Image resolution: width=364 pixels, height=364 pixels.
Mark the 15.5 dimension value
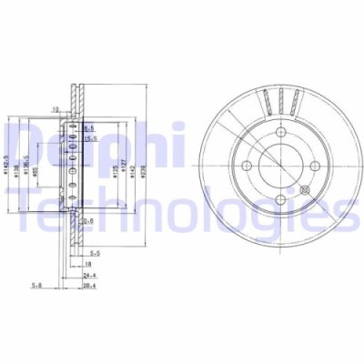(x=92, y=138)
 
